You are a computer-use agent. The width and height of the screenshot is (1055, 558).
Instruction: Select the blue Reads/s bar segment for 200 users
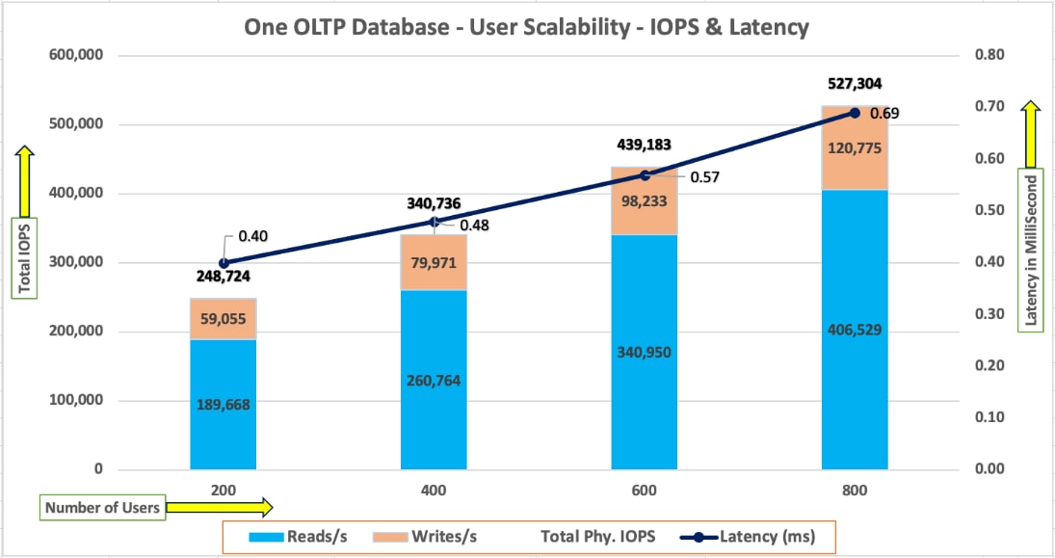coord(224,405)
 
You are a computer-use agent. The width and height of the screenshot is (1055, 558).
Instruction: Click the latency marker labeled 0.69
coord(855,113)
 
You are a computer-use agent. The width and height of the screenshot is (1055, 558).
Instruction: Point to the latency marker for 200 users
coord(224,263)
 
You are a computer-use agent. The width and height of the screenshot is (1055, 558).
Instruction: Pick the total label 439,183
coord(645,146)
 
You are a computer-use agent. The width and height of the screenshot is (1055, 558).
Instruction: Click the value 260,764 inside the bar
coord(434,380)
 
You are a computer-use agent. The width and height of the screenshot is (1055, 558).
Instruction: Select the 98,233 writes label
coord(645,203)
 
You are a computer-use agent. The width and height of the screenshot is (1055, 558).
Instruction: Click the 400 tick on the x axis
coord(434,491)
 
